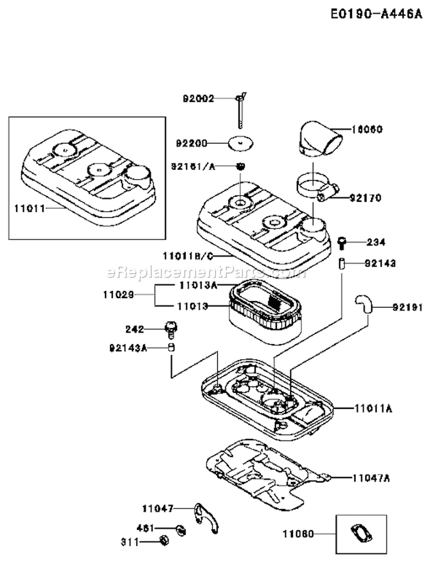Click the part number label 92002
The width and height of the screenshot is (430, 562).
coord(198,98)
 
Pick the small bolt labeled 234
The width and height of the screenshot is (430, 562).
coord(342,243)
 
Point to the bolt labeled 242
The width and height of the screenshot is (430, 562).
coord(169,329)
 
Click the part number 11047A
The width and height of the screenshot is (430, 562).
coord(372,478)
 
